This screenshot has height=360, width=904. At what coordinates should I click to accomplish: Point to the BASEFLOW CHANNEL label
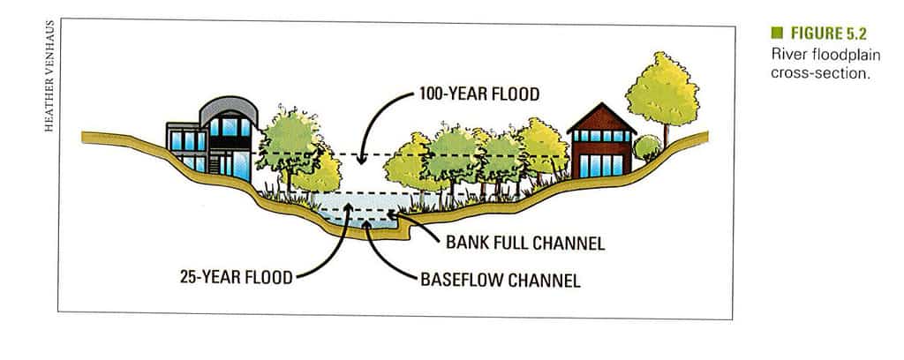coord(501,281)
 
